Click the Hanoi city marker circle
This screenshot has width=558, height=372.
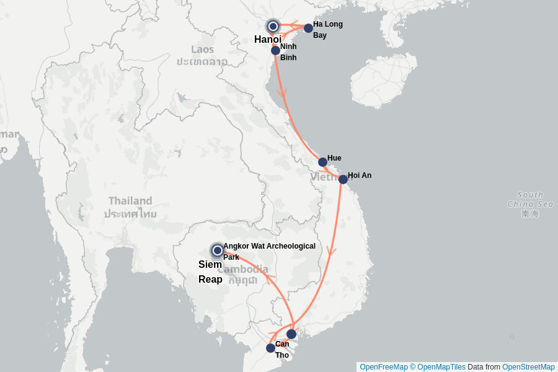point(273,26)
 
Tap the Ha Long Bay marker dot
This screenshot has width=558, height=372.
point(308,28)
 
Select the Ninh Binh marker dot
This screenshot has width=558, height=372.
point(275,50)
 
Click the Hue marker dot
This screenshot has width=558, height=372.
point(322,162)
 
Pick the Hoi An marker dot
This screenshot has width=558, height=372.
point(343,179)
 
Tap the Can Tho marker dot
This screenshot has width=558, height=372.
point(270,348)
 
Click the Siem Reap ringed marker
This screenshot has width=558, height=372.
point(217,250)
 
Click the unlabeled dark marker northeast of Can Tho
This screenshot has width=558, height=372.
point(291,334)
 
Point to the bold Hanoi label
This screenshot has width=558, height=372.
point(268,40)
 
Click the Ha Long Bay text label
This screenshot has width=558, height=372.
point(327,30)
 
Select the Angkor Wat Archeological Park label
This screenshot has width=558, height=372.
point(269,251)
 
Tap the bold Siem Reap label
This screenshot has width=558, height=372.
point(210,272)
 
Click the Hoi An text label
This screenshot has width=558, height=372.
point(360,175)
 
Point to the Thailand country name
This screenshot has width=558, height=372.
point(130,201)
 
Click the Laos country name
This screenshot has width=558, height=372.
point(202,50)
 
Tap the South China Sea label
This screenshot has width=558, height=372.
point(529,199)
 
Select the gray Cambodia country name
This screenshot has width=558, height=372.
point(243,270)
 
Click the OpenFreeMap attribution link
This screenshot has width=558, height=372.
point(383,367)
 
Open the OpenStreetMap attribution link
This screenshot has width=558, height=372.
point(528,367)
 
